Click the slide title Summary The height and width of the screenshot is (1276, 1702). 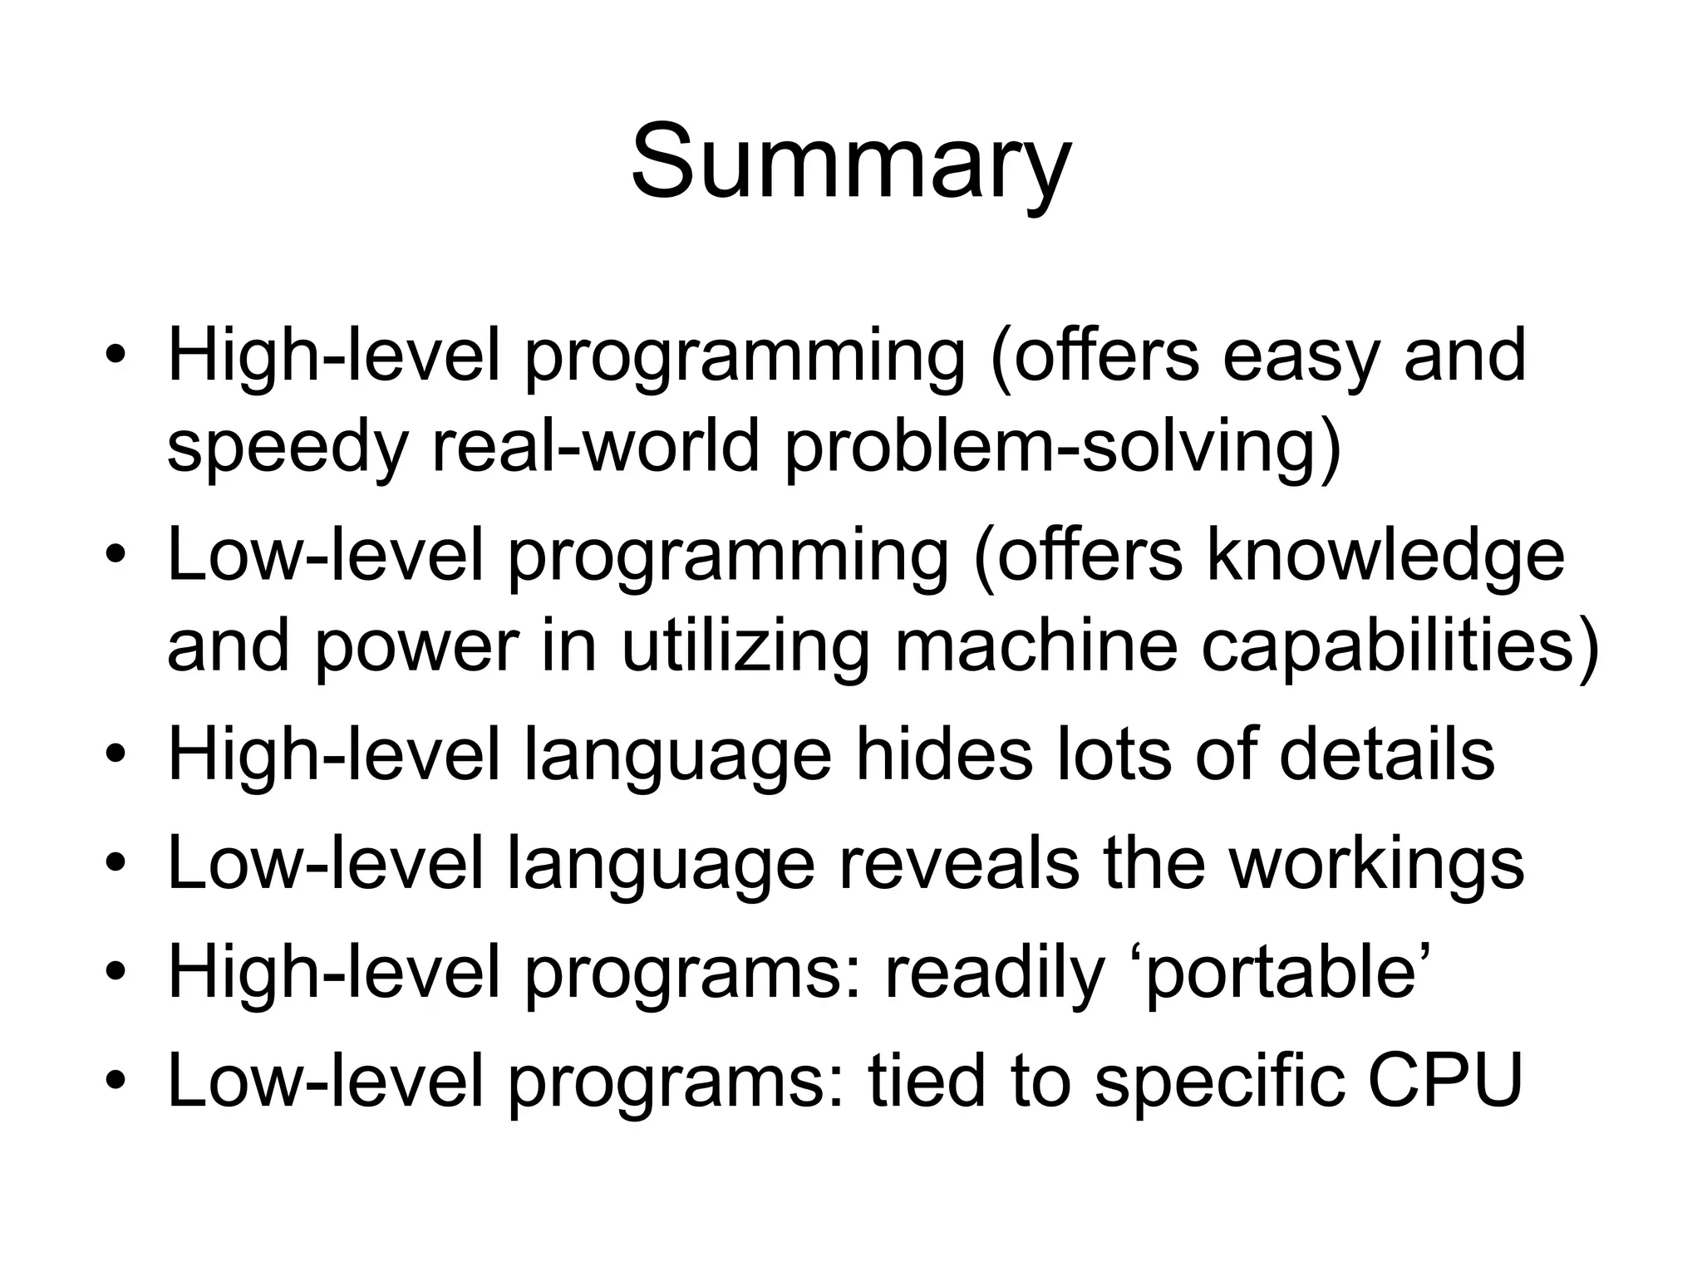coord(850,162)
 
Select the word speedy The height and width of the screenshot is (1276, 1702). coord(288,449)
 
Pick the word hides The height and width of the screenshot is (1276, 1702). coord(944,754)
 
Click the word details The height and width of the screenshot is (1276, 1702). coord(1386,754)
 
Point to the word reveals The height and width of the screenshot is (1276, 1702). coord(958,864)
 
